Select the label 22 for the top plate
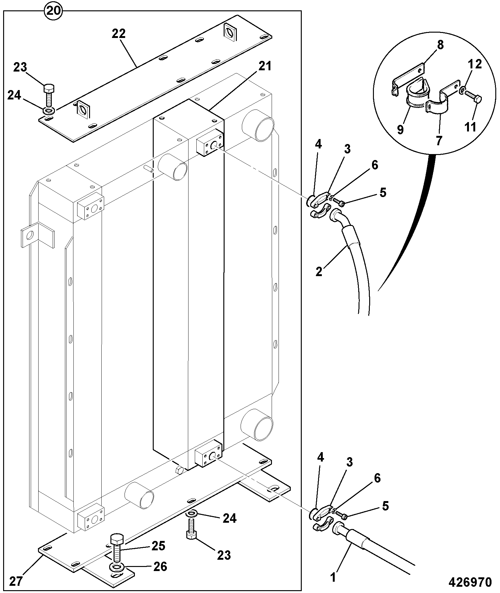pos(119,34)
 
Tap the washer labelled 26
pos(117,567)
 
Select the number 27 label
pos(16,581)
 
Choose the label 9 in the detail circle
pos(401,130)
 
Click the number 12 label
pos(475,64)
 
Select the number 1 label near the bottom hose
pos(333,577)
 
